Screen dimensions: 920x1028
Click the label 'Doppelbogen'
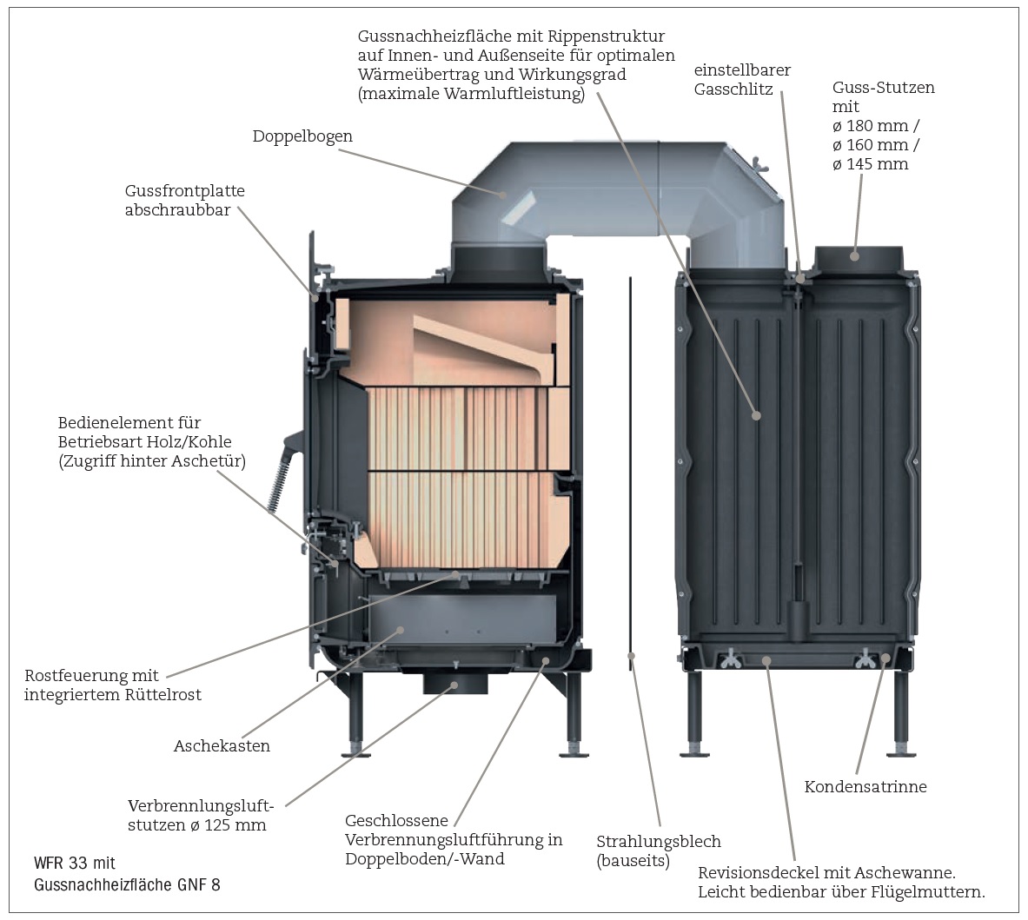tap(302, 137)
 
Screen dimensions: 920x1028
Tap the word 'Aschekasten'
tap(222, 746)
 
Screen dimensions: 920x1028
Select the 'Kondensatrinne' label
tap(866, 787)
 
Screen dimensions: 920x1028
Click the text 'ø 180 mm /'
tap(876, 126)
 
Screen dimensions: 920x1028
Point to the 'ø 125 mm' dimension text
tap(228, 825)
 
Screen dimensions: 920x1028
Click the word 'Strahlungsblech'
tap(659, 842)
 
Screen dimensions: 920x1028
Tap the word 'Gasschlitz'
tap(733, 89)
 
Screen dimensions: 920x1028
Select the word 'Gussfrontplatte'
tap(185, 191)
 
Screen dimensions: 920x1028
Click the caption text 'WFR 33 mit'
tap(74, 864)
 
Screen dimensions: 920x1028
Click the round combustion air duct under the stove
tap(454, 684)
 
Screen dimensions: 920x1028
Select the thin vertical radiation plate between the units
tap(630, 469)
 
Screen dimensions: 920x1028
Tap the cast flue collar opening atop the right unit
tap(857, 255)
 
